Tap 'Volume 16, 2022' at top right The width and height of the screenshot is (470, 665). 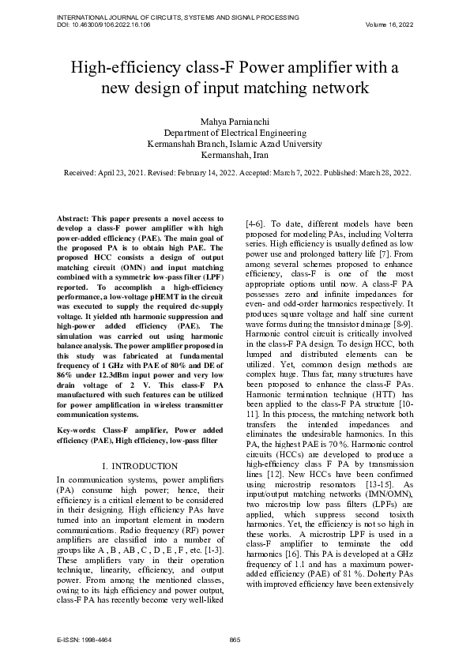coord(389,24)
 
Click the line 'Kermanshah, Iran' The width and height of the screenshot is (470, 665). coord(235,156)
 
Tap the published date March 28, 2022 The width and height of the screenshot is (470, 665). coord(381,171)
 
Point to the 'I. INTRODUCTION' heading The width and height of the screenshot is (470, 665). coord(141,467)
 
